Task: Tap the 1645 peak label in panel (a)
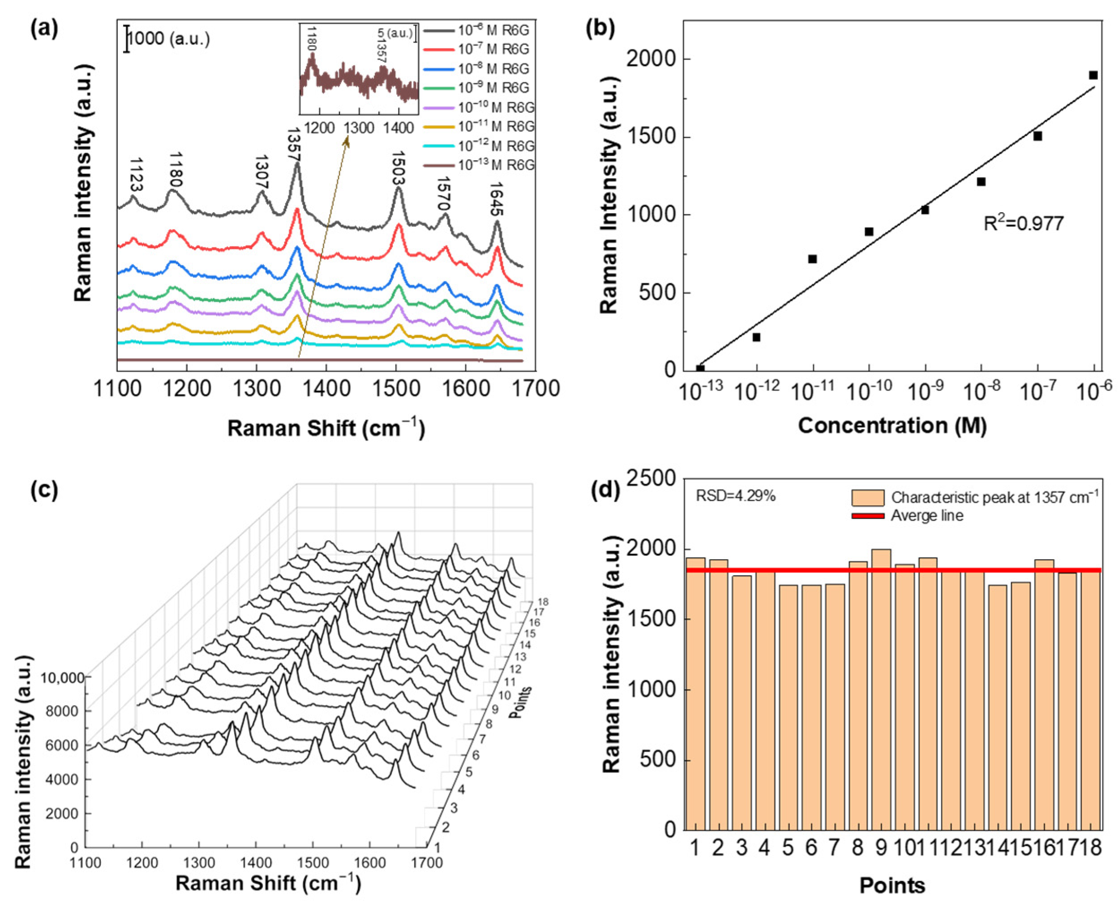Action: (x=496, y=200)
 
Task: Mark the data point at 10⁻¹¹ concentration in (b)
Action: (x=812, y=259)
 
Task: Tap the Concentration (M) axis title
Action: (x=892, y=425)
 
